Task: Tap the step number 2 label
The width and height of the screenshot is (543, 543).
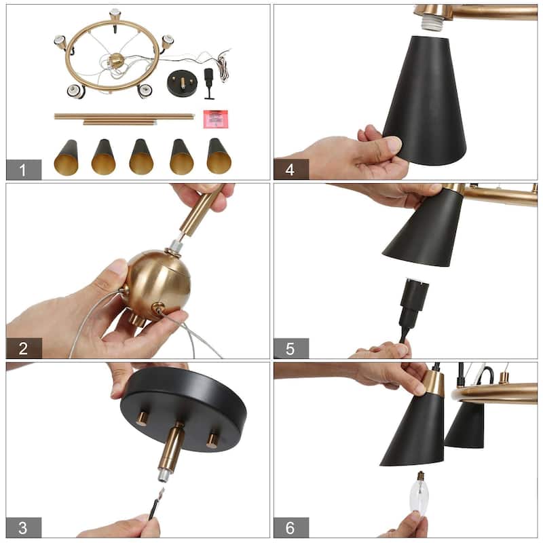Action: point(23,349)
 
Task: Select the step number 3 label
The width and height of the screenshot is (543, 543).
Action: point(23,527)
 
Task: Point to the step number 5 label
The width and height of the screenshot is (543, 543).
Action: point(291,349)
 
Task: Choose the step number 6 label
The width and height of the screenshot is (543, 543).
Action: point(291,527)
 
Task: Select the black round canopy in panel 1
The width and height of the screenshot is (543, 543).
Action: point(181,84)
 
